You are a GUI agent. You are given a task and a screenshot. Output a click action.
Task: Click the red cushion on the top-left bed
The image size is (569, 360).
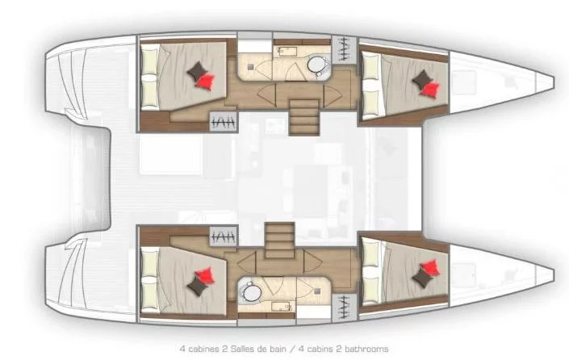point(205,81)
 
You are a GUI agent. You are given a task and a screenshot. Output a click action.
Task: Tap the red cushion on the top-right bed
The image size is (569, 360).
point(430,89)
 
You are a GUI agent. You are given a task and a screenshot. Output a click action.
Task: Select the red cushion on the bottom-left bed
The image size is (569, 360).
point(205,275)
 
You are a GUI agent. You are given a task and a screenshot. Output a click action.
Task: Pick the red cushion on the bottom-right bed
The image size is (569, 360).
point(430,267)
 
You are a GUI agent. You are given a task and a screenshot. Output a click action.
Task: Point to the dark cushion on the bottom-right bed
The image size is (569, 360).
point(422,278)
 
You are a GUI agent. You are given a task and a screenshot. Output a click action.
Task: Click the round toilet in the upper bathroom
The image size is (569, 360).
point(316,65)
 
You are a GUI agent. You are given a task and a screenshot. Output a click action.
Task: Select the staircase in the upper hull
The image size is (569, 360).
point(303,117)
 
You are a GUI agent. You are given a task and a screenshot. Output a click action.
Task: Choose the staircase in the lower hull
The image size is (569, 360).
point(279,241)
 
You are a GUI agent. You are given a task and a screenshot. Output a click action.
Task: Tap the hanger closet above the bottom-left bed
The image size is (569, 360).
point(224,237)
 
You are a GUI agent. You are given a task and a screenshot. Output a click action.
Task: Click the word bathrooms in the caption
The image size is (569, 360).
point(366,350)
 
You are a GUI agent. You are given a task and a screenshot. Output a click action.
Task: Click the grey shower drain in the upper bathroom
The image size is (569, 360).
point(250,67)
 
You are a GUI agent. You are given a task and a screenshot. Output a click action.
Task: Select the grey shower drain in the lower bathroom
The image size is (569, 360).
point(317,291)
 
